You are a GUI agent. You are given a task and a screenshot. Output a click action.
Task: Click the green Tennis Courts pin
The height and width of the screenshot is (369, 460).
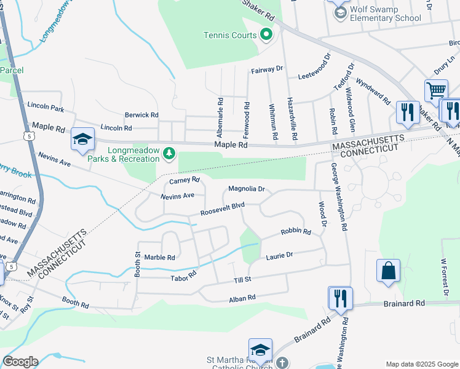266,35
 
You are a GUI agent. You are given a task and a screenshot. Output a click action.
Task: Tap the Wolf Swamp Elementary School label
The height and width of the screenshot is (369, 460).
386,14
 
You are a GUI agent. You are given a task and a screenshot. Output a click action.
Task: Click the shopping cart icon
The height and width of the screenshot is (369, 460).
435,90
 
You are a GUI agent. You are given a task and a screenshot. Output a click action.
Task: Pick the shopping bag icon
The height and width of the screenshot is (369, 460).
388,271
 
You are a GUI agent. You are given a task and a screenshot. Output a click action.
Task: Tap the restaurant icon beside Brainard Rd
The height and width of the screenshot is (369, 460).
340,298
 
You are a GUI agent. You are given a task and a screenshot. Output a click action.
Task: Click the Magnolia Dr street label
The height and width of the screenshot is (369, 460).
246,189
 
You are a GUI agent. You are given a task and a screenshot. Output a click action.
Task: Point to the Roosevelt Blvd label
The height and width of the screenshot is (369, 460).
223,209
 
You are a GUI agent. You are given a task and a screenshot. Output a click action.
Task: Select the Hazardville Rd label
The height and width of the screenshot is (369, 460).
291,117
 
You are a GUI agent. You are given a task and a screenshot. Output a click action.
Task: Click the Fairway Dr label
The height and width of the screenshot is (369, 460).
267,70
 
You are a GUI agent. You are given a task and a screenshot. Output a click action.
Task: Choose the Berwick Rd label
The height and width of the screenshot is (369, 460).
141,114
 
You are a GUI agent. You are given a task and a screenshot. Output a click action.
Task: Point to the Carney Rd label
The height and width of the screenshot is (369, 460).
185,180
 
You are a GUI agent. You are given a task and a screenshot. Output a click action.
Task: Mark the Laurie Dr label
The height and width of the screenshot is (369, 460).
280,255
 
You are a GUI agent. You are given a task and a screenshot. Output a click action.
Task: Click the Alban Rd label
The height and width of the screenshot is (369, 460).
242,298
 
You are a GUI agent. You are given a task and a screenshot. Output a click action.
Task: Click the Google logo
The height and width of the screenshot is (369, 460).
20,362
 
